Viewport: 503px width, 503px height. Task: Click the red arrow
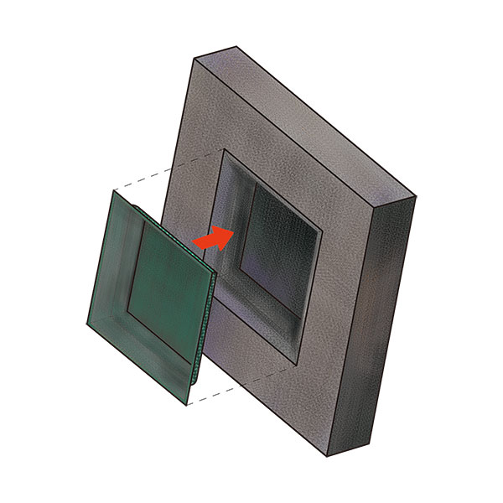point(213,237)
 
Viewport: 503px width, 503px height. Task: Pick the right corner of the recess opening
point(319,228)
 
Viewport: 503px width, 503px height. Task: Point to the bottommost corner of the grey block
point(326,456)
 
